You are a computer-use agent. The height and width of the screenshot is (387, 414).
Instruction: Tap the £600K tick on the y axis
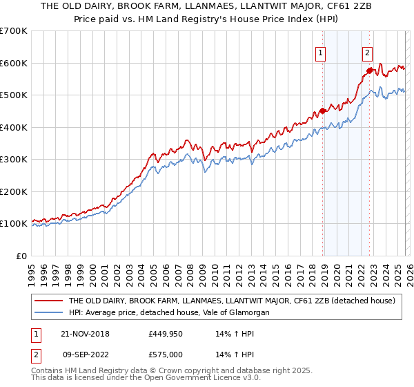[x=14, y=63]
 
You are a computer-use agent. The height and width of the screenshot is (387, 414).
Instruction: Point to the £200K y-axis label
[x=14, y=191]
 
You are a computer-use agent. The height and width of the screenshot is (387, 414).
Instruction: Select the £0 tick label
[x=22, y=256]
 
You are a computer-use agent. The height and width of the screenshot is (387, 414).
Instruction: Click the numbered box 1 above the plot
[x=322, y=52]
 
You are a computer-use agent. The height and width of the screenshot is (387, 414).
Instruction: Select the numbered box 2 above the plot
[x=368, y=52]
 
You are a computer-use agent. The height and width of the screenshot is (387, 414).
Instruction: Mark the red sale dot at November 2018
[x=322, y=111]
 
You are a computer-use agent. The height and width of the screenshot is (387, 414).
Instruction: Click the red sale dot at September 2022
[x=369, y=70]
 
